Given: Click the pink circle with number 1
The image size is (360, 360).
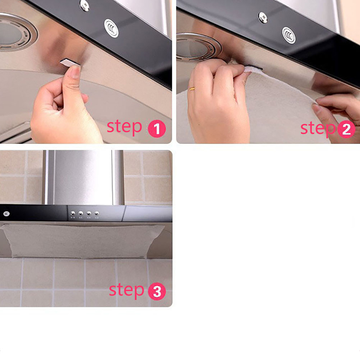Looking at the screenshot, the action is point(157,129).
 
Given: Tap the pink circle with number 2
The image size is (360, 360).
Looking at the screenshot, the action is point(346,129).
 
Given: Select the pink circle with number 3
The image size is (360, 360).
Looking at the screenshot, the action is point(157,291).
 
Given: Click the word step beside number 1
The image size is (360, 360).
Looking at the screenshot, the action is point(125,127).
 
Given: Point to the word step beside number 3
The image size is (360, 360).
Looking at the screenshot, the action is point(126,290).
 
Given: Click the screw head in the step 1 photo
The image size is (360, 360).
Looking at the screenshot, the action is point(85,5).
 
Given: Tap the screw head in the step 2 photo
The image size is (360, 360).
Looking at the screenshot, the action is point(263,18).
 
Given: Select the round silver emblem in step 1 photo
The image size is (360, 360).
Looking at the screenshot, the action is point(111,28).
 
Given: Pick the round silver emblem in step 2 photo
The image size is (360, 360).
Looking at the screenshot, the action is point(289,35).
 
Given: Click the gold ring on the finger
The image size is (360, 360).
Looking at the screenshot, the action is point(192,89).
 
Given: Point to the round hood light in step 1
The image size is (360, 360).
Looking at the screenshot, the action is point(17,32).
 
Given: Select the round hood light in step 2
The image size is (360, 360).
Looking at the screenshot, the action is point(198,47).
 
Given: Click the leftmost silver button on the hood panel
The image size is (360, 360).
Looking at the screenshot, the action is point(73,213).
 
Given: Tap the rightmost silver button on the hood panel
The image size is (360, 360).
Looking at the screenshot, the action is point(97,213).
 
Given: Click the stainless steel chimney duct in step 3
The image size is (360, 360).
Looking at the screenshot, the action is point(84,177).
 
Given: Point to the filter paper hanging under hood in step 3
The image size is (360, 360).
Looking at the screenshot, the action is point(83,241).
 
